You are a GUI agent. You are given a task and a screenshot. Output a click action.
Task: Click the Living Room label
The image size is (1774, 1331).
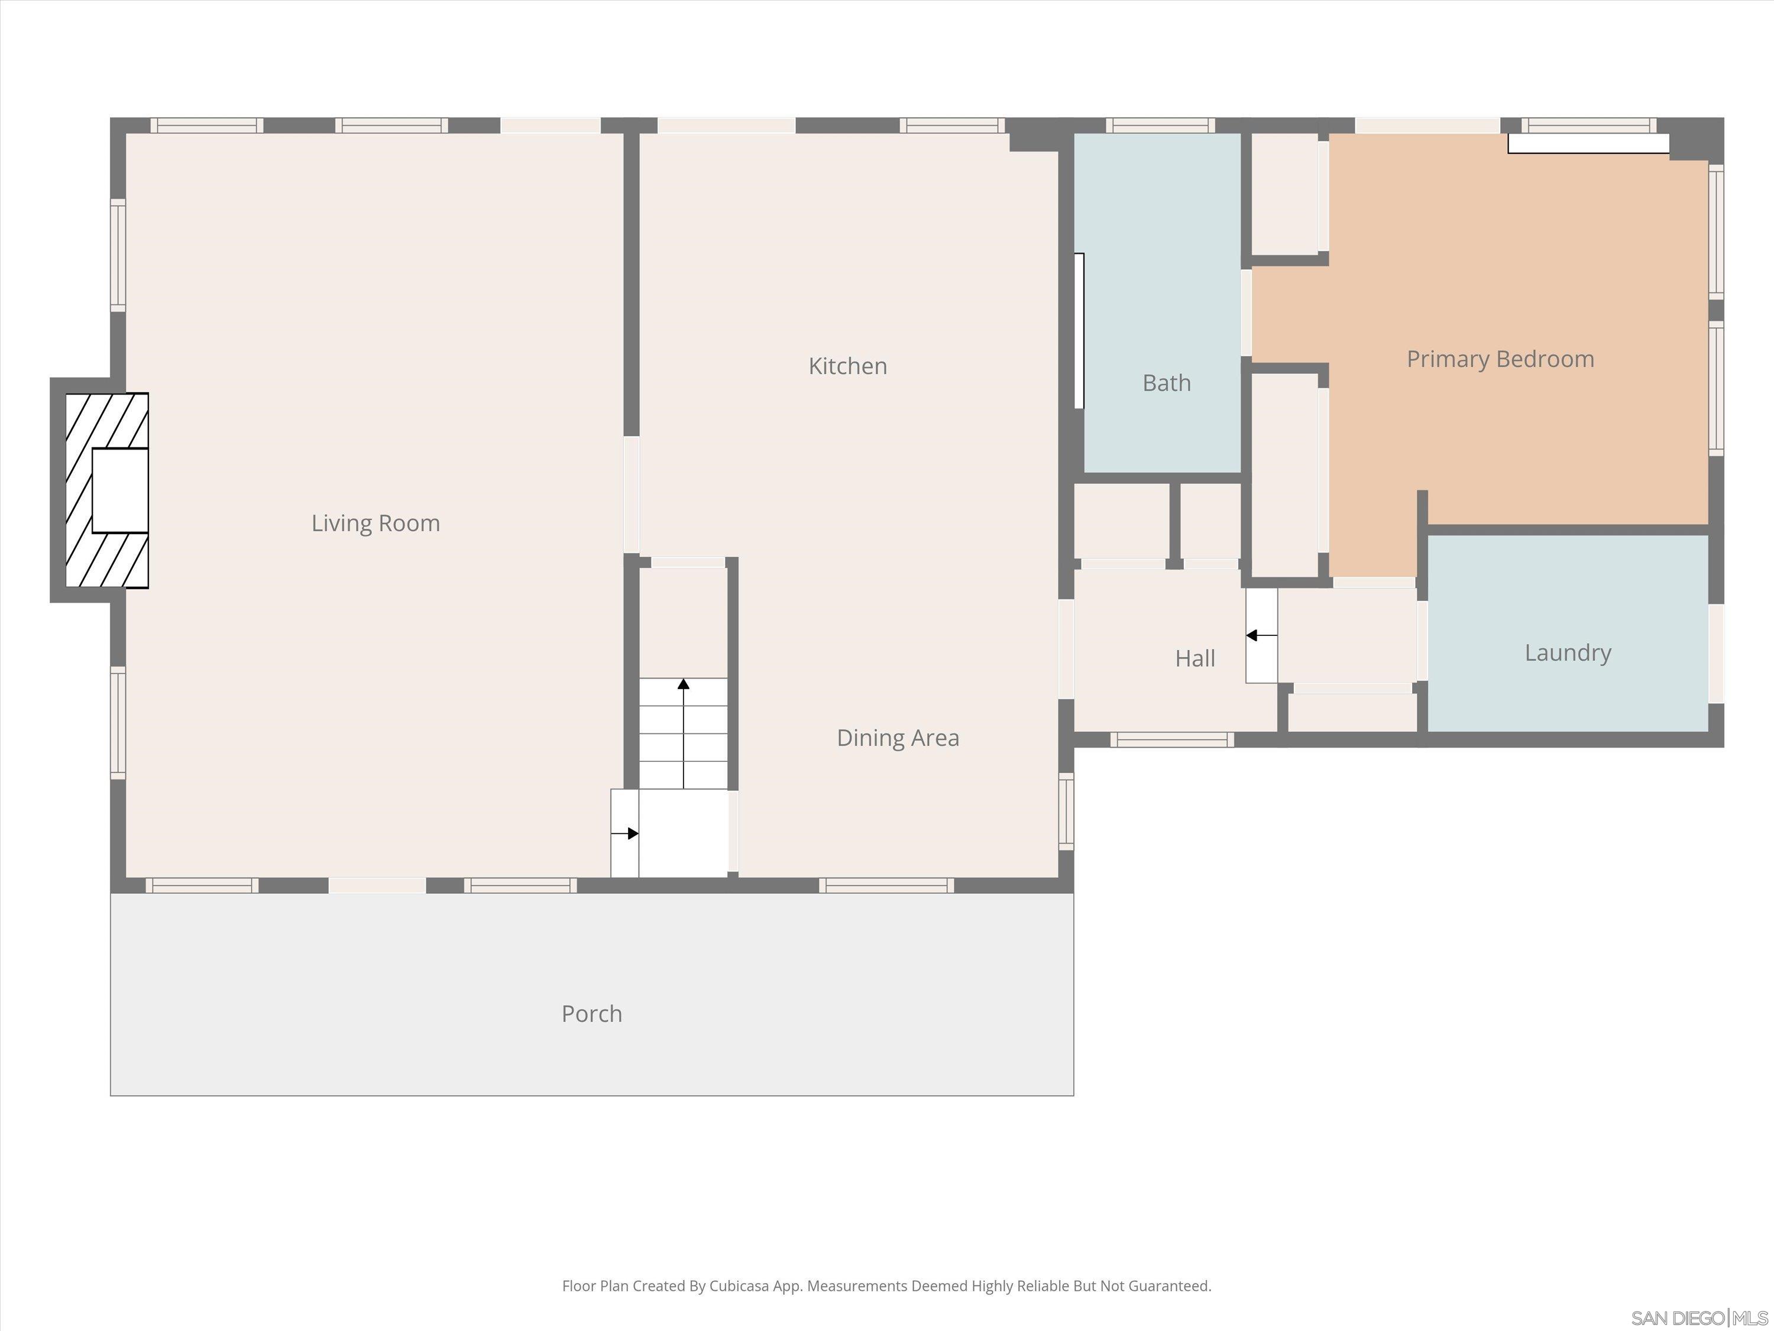click(375, 523)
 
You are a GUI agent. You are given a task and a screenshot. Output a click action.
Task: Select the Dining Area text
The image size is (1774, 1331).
click(898, 737)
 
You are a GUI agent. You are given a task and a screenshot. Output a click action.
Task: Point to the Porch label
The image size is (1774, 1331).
click(591, 1013)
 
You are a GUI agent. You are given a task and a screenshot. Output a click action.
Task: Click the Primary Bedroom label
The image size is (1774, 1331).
click(1500, 358)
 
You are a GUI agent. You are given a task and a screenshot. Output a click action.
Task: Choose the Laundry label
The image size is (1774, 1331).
click(1567, 652)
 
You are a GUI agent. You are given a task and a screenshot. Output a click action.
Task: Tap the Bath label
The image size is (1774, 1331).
click(1166, 383)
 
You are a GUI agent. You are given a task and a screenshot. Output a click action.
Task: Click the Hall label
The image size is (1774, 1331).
click(1194, 658)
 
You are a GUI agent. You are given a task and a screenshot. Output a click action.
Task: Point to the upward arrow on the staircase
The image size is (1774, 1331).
click(684, 684)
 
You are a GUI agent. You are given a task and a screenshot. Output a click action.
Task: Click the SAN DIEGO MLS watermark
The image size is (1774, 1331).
click(1699, 1317)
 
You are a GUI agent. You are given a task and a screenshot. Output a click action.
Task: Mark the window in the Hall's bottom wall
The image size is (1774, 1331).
click(1171, 739)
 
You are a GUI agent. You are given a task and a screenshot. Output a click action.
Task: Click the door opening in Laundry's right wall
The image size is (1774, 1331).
click(1716, 653)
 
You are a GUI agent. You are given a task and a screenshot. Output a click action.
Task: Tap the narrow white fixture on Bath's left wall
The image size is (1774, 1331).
click(1079, 331)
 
